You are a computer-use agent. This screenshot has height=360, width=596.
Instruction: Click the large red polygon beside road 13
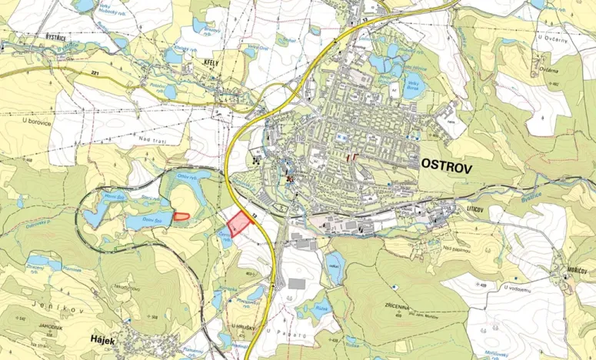coord(241,223)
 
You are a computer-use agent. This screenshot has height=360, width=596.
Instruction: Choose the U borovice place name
coord(35,121)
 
